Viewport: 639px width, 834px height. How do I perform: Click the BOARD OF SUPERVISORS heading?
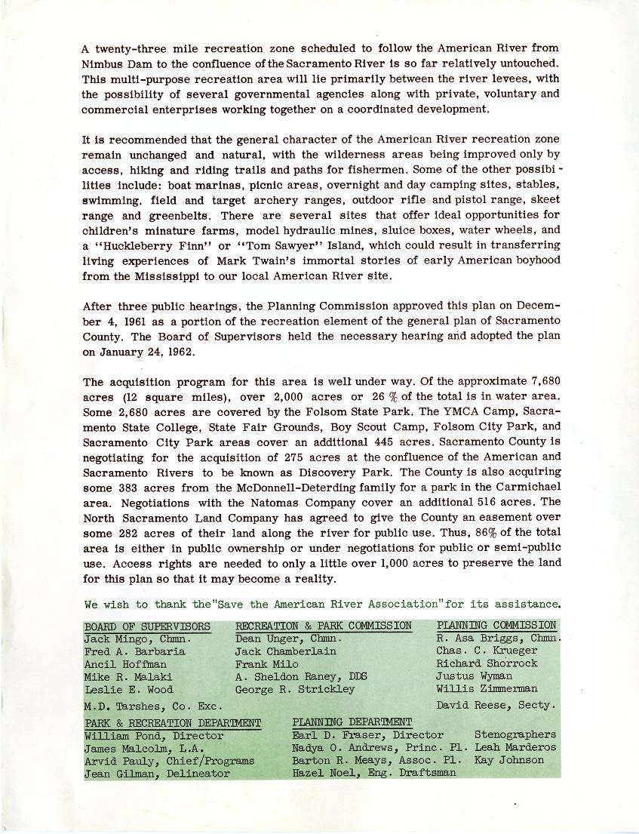[x=147, y=626]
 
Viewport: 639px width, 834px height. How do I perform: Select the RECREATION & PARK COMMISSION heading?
[x=324, y=626]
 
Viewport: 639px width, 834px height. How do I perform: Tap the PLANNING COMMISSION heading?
[x=496, y=625]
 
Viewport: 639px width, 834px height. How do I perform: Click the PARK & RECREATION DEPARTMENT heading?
[x=173, y=723]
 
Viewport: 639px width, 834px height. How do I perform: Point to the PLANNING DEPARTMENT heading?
[x=352, y=722]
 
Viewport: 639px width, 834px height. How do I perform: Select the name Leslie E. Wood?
[x=129, y=689]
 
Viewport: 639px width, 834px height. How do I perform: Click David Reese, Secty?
[x=495, y=706]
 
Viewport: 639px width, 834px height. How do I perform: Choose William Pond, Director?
[x=154, y=735]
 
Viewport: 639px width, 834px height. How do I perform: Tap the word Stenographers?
[x=515, y=734]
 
